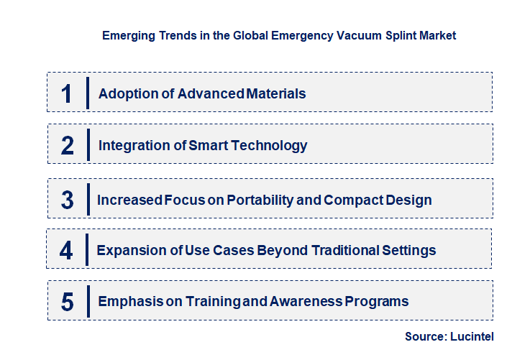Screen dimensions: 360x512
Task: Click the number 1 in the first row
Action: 67,93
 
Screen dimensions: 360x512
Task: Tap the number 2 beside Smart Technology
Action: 68,146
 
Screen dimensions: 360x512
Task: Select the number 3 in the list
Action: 68,200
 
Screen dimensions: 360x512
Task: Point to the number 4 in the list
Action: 66,250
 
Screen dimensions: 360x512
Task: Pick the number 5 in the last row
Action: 68,302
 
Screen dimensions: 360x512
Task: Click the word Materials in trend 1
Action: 276,93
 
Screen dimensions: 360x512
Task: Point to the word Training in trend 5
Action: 192,301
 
